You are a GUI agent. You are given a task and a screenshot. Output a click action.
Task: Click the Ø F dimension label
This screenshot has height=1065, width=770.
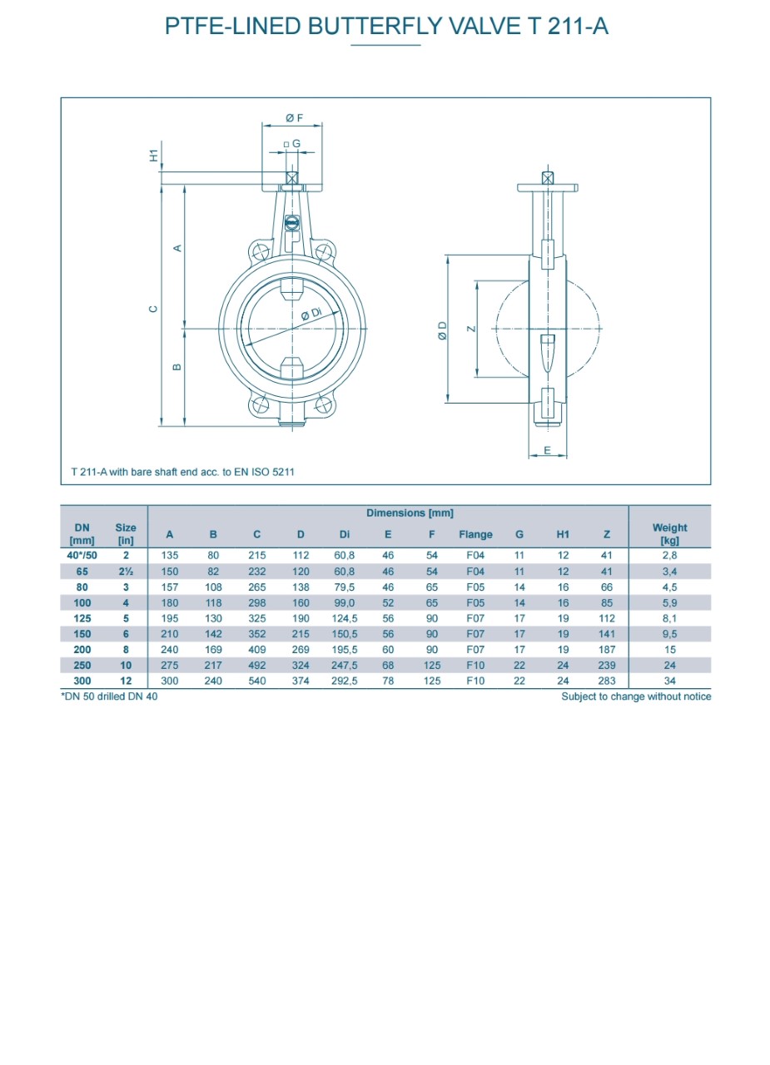(294, 118)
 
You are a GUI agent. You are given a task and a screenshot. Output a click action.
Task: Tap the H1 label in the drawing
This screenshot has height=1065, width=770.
(154, 155)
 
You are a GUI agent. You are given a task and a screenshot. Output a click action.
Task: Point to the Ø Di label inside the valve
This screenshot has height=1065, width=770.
(311, 314)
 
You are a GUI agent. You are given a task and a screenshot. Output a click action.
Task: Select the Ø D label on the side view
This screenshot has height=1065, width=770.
(442, 330)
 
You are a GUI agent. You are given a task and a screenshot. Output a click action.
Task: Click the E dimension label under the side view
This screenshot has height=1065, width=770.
(548, 450)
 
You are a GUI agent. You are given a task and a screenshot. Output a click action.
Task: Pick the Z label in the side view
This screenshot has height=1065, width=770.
(471, 329)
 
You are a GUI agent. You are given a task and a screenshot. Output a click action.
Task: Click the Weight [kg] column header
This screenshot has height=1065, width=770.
(669, 534)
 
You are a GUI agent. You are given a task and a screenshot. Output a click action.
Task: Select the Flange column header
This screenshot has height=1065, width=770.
(475, 534)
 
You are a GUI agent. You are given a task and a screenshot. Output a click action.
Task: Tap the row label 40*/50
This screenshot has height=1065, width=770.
(82, 555)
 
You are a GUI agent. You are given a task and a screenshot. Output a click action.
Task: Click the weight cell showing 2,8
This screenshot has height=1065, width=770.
(669, 555)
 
